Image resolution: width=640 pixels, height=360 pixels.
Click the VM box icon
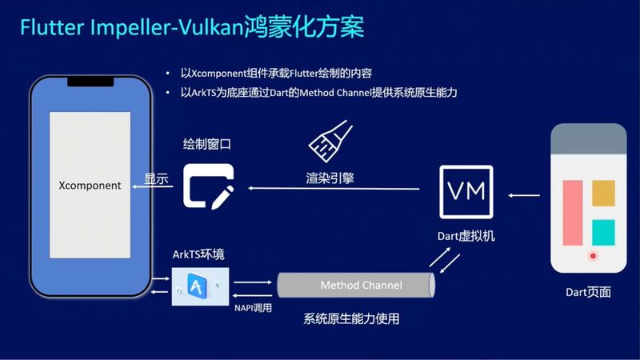(466, 191)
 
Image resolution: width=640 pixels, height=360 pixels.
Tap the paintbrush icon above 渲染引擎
(330, 141)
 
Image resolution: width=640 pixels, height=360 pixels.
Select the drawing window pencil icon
(209, 186)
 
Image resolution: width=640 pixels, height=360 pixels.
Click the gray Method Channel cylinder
(356, 285)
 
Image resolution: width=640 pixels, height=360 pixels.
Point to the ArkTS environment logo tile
(201, 286)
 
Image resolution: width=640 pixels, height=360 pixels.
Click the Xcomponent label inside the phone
(90, 186)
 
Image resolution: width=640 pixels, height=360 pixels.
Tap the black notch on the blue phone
(90, 82)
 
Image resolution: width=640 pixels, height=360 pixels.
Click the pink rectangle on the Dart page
(573, 213)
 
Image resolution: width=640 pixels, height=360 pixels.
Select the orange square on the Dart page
(603, 193)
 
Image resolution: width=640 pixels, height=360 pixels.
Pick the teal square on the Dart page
(603, 232)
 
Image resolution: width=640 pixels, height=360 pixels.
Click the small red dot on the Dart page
(593, 256)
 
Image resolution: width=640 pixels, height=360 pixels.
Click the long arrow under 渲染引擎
(334, 188)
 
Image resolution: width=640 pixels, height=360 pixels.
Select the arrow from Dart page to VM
(524, 195)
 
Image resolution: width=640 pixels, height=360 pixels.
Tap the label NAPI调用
(253, 308)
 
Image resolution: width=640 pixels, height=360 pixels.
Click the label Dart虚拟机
(466, 236)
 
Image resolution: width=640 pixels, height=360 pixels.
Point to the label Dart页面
(588, 292)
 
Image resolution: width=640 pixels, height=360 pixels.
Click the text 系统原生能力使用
(351, 318)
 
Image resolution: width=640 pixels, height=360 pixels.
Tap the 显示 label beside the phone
(156, 178)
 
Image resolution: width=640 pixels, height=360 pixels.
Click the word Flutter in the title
(52, 27)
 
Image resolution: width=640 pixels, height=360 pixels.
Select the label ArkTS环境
(198, 254)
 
